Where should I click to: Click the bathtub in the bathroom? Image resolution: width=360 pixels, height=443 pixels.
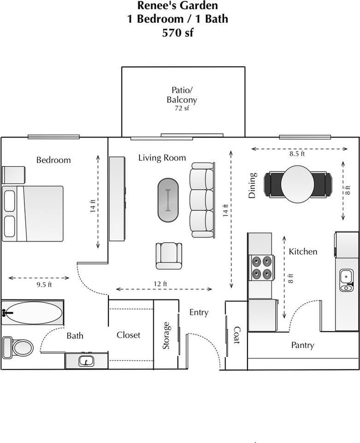coord(32,312)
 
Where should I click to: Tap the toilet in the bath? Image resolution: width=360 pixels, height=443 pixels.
coord(18,347)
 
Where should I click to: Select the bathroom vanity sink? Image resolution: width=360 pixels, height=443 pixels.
coord(86,361)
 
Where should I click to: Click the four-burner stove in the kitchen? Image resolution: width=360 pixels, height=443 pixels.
coord(261,267)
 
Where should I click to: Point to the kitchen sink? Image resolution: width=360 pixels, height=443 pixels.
coord(347,280)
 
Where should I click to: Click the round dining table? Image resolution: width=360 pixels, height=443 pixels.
coord(298,184)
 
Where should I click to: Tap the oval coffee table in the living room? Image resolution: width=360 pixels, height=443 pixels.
coord(168,200)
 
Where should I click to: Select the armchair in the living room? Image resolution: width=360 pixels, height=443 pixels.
coord(169,256)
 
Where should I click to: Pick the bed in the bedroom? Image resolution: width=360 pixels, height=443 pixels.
coord(32,214)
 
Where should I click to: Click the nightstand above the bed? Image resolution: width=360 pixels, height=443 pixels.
coord(13,175)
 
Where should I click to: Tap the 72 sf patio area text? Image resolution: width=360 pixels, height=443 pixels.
coord(182,108)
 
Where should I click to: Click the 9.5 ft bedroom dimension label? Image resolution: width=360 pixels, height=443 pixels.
coord(44,285)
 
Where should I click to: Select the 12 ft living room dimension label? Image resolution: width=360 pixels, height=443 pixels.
coord(160,284)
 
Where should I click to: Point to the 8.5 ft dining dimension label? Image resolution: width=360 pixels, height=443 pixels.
coord(297,154)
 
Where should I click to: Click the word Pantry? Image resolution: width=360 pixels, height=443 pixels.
coord(303,345)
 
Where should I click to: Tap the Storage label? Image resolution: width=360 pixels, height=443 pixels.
coord(166,335)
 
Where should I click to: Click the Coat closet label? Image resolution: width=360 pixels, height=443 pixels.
coord(236,335)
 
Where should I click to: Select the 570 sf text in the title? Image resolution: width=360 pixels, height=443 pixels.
coord(178,32)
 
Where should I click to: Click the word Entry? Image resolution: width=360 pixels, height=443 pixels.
coord(199,312)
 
